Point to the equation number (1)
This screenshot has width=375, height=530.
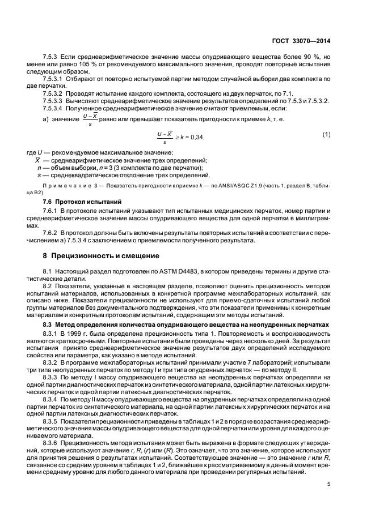[x=326, y=134]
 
